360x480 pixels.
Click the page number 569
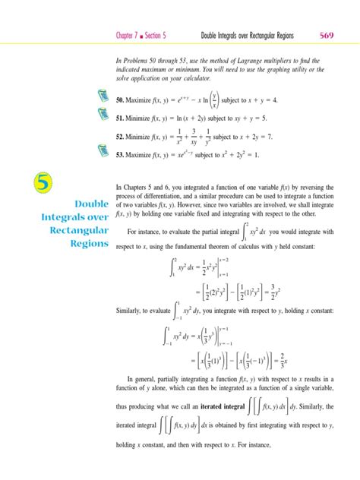tap(327, 34)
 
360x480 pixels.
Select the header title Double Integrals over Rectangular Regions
tap(247, 35)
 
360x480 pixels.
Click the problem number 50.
tap(120, 99)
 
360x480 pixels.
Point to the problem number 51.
tap(120, 118)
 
